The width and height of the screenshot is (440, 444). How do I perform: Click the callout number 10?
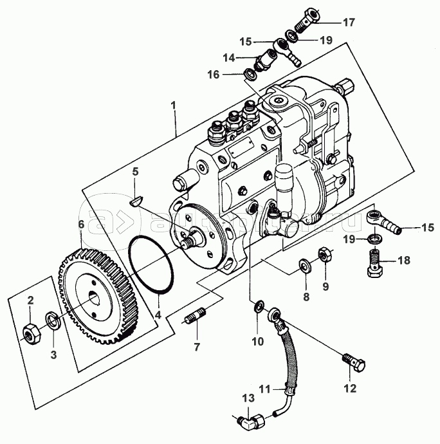pos(257,342)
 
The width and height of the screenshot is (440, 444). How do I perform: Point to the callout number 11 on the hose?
pos(266,388)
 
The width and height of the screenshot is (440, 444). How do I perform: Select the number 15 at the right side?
pos(428,227)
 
